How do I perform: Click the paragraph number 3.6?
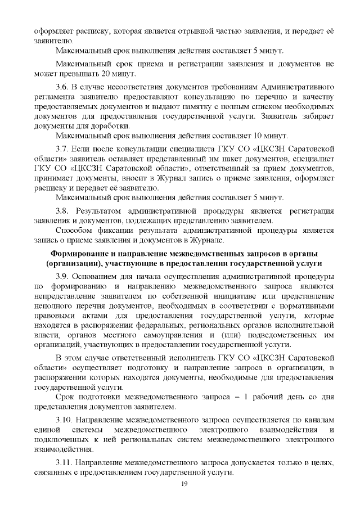(x=62, y=88)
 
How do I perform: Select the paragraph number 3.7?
(x=62, y=148)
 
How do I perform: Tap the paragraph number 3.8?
(x=62, y=210)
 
